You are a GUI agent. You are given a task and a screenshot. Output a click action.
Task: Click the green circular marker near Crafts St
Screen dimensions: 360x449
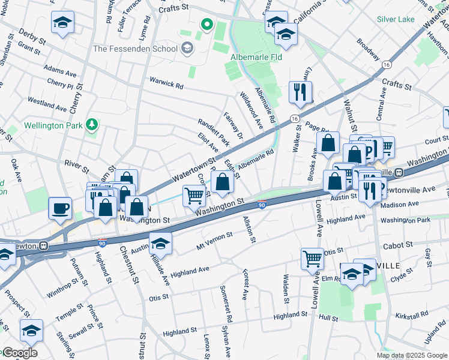coord(207,25)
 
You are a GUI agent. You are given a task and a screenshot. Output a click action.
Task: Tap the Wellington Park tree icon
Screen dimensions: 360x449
coord(92,125)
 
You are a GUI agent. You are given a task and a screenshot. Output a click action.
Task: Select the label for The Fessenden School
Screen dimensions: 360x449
coord(135,49)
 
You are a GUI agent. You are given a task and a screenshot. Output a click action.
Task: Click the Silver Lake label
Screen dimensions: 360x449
coord(395,19)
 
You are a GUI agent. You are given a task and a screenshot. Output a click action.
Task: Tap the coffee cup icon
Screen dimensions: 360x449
coord(60,208)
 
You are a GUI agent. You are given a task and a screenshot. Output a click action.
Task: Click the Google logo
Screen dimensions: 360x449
coord(19,353)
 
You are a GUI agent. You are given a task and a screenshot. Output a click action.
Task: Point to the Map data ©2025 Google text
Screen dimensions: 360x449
coord(412,355)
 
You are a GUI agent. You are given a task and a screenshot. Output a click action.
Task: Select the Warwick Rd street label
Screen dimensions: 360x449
coord(166,85)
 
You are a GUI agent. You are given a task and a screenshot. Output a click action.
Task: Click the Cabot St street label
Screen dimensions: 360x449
coord(398,245)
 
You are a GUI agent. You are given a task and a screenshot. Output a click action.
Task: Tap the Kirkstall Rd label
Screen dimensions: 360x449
coord(411,314)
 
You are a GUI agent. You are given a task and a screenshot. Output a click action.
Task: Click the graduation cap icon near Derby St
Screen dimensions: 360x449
coord(62,22)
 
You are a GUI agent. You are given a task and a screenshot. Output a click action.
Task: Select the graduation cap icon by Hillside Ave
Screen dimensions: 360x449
coord(161,244)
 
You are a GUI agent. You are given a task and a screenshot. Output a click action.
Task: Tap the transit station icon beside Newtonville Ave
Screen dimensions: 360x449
coord(398,172)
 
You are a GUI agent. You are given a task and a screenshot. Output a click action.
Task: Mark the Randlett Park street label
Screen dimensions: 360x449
coord(214,131)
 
